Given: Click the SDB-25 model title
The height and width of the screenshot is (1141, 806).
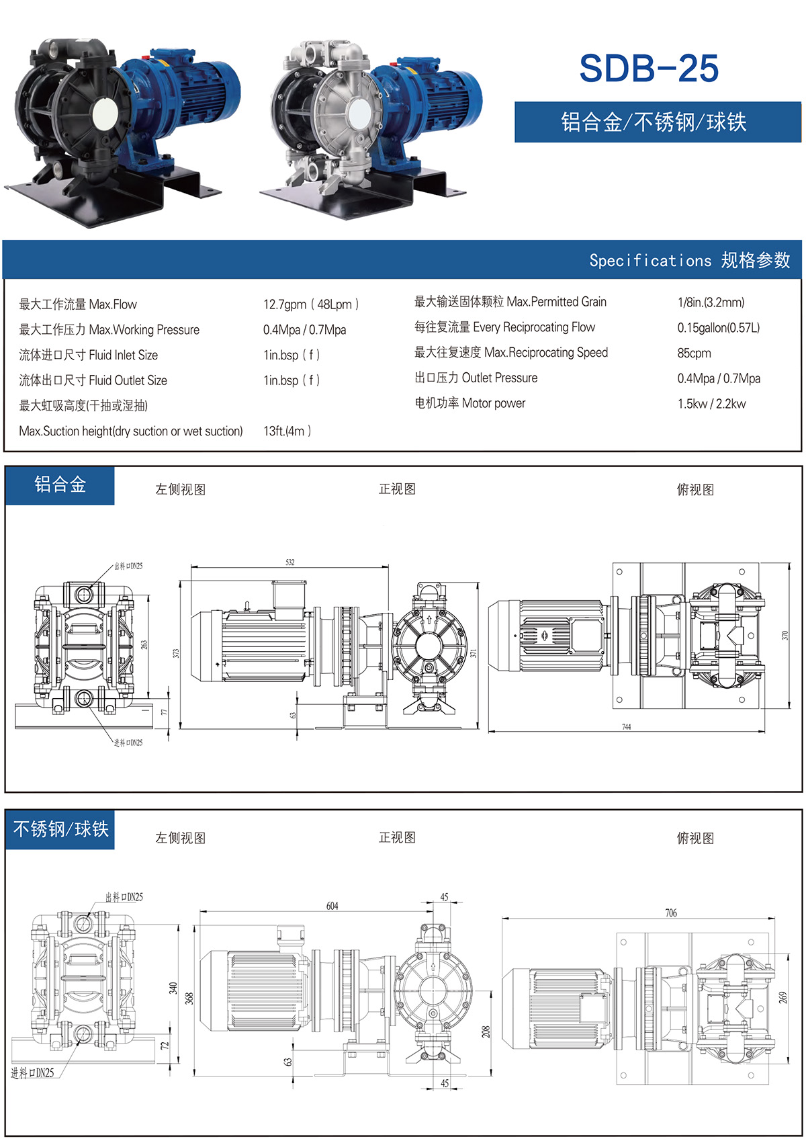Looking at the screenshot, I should coord(649,69).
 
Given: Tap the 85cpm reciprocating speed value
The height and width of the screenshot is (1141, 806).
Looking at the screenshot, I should coord(694,353).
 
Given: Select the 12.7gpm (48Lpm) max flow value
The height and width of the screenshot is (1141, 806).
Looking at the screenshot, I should coord(310,304).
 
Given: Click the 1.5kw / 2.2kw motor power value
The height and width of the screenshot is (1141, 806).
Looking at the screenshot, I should coord(711,404).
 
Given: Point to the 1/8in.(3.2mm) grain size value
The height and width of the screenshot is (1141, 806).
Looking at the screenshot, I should coord(711,302).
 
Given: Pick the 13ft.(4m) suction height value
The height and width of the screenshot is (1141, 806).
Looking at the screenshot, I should coord(287,431).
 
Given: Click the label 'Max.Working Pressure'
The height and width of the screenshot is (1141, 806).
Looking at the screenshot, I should coord(144,330).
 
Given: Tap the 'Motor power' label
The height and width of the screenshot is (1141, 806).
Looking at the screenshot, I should coord(494,403).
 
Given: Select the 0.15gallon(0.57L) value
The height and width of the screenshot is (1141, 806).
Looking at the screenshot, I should coord(718,328).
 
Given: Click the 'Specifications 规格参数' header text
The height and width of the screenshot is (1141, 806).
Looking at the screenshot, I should coord(689,261).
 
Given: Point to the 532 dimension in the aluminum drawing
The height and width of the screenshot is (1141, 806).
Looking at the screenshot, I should coord(289,562).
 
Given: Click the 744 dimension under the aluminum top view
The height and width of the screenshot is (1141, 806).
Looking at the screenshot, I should coord(626,727).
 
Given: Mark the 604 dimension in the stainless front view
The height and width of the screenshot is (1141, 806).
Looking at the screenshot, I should coord(332,906).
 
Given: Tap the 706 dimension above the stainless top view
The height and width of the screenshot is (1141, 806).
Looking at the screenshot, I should coord(670,913).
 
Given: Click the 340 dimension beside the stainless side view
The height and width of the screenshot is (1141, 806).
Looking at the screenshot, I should coord(173,988).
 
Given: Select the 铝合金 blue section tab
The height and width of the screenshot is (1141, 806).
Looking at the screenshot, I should coord(60,484).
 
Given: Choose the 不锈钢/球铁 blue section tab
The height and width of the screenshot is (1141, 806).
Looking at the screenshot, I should coord(60,829).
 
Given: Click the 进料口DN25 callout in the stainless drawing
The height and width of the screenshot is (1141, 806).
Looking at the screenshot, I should coord(32,1073).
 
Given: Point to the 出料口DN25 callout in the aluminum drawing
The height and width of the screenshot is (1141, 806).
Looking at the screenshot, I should coord(128,566).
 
